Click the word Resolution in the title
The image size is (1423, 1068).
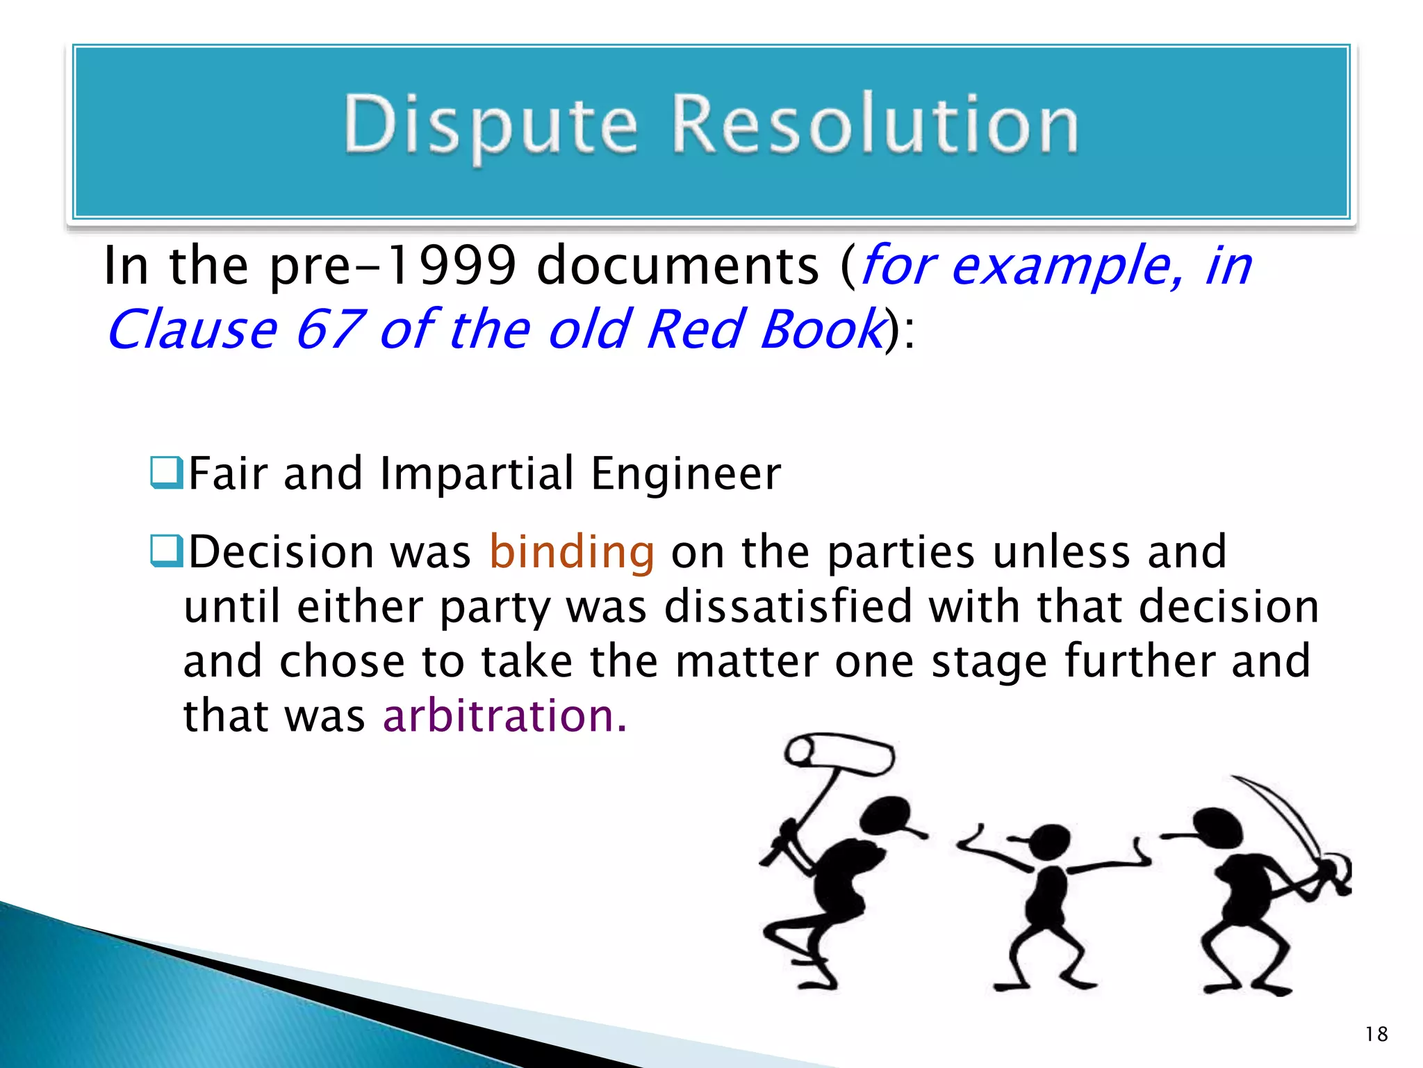coord(875,125)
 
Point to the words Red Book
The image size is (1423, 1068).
coord(764,330)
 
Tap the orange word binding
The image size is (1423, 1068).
coord(572,552)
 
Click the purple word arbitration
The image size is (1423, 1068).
coord(504,716)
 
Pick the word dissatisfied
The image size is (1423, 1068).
coord(788,606)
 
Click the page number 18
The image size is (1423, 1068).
coord(1376,1034)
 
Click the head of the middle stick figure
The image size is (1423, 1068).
coord(1051,841)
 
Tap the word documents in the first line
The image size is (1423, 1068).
coord(678,266)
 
